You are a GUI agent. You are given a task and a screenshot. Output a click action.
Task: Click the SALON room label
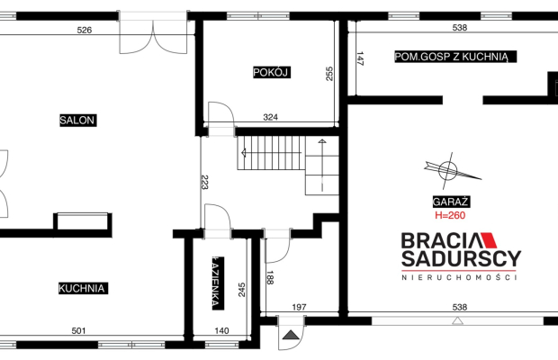(78, 121)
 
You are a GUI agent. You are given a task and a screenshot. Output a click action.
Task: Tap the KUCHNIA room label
(83, 288)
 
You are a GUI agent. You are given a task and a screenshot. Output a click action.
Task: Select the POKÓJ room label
(272, 72)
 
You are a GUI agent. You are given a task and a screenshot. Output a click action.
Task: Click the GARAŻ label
(451, 202)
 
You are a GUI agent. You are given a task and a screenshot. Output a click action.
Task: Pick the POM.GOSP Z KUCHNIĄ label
(455, 56)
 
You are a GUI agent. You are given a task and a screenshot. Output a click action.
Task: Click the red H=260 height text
(450, 215)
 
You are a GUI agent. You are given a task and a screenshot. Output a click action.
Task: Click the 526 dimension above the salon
(85, 30)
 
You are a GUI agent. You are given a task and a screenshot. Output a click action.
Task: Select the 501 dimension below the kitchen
(78, 331)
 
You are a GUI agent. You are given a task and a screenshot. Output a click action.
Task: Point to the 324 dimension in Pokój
(271, 117)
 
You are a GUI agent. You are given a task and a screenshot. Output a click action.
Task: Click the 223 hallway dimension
(204, 182)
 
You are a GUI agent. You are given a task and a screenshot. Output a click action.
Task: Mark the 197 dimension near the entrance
(299, 307)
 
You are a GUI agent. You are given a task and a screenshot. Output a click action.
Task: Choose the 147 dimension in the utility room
(360, 58)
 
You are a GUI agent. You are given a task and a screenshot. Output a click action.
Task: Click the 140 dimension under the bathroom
(221, 331)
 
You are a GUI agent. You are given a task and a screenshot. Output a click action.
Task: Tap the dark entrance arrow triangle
(292, 335)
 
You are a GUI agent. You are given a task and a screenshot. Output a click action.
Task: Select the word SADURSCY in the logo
(461, 258)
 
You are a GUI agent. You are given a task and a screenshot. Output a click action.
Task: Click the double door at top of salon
(153, 33)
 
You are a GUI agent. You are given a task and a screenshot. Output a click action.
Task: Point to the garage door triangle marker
(457, 321)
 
